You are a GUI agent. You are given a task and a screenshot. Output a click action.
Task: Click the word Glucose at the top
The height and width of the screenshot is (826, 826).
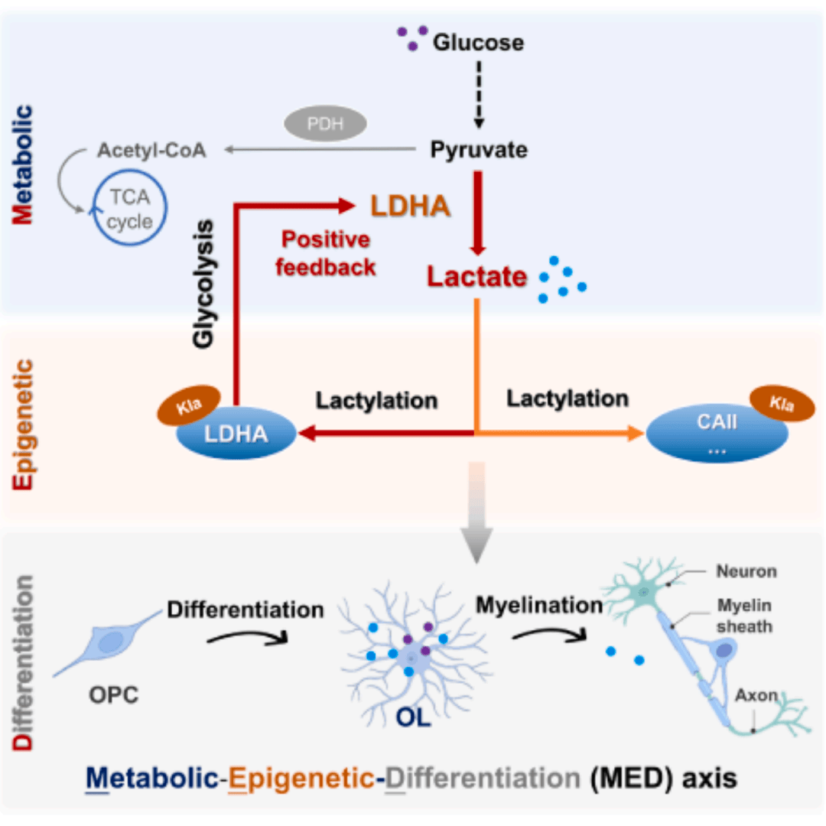(479, 43)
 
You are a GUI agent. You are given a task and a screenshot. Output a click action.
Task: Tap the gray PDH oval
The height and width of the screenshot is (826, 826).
(325, 123)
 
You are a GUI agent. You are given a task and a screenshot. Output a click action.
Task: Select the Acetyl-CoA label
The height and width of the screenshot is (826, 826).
(151, 150)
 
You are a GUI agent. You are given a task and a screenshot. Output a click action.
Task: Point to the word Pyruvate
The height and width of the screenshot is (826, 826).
(479, 150)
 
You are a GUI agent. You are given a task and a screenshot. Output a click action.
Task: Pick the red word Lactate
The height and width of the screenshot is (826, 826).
(477, 277)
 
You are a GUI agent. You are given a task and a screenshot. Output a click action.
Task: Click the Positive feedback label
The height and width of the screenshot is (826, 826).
(327, 253)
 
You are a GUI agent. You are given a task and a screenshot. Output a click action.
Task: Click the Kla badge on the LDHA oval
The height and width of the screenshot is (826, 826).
(189, 405)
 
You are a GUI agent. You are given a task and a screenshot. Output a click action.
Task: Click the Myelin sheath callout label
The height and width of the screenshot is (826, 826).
(745, 616)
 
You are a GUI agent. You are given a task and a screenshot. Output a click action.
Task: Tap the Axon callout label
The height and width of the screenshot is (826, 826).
(756, 696)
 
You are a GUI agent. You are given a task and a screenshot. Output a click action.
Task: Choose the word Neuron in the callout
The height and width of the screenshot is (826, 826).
(746, 571)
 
